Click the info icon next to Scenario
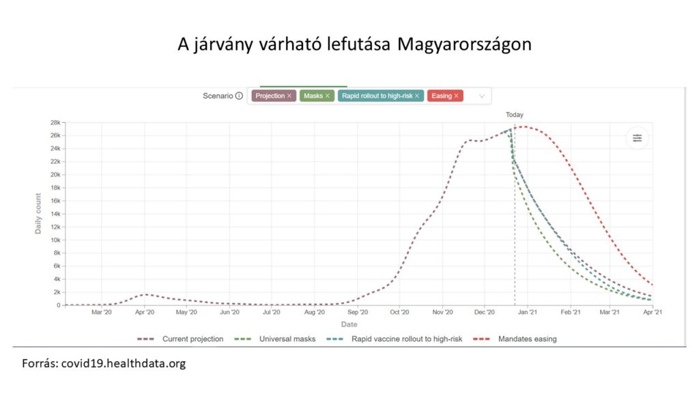239,96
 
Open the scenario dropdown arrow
482,96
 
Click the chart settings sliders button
637,139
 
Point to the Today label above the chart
515,115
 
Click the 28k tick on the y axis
54,123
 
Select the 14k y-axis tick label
54,214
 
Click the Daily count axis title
38,214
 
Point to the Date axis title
349,324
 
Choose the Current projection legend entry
192,338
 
